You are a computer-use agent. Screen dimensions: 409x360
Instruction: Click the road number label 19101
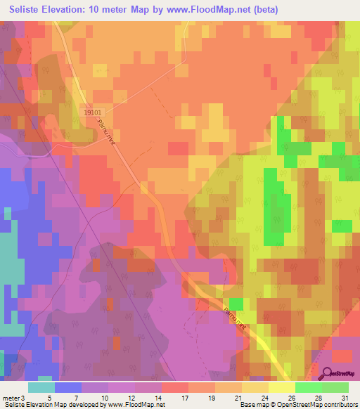coord(92,111)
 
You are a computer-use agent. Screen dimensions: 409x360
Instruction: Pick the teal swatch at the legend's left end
coord(41,387)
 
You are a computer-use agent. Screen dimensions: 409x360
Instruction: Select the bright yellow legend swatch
coord(281,387)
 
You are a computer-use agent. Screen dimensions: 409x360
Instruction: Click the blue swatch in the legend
coord(68,387)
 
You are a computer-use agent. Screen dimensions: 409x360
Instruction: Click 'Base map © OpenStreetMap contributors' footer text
coord(298,405)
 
